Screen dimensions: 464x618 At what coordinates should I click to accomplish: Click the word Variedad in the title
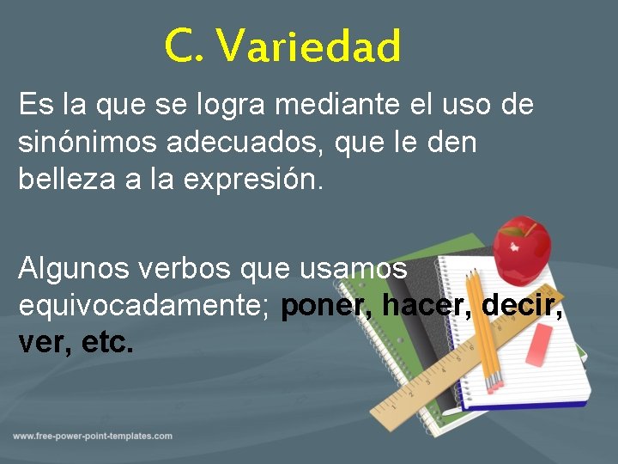click(308, 46)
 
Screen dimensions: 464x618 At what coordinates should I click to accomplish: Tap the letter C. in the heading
click(184, 46)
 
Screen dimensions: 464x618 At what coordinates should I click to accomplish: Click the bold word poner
click(327, 305)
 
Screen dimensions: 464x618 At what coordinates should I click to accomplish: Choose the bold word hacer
click(427, 304)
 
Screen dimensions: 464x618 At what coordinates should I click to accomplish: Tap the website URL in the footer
click(93, 437)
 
